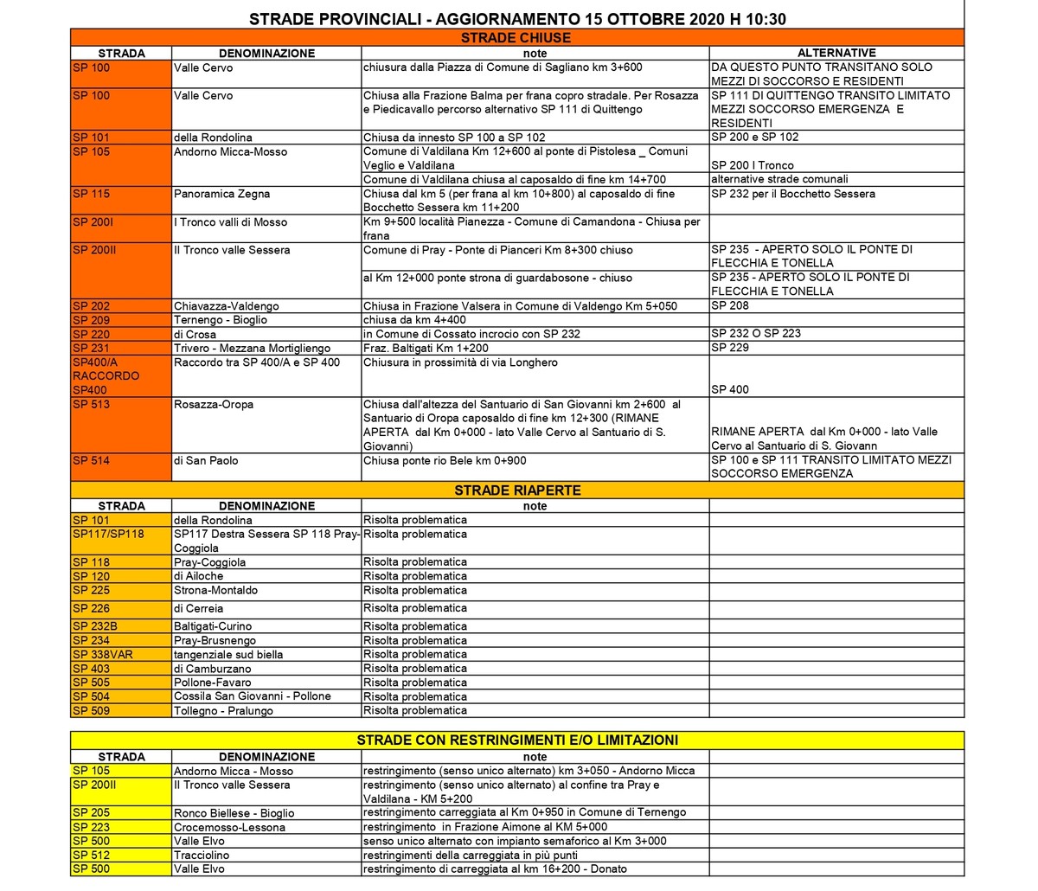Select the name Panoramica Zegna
click(x=221, y=194)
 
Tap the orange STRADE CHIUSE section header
click(x=516, y=38)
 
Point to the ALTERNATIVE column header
click(x=836, y=53)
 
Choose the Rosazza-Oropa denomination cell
click(x=214, y=405)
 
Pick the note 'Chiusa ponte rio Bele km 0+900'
click(x=444, y=461)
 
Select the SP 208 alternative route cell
click(x=730, y=306)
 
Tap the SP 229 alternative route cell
click(x=730, y=348)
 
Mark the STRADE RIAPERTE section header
click(x=517, y=490)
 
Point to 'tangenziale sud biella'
click(x=228, y=655)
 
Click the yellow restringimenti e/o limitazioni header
click(x=517, y=740)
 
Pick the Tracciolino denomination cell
click(x=202, y=855)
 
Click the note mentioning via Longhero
click(x=460, y=362)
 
